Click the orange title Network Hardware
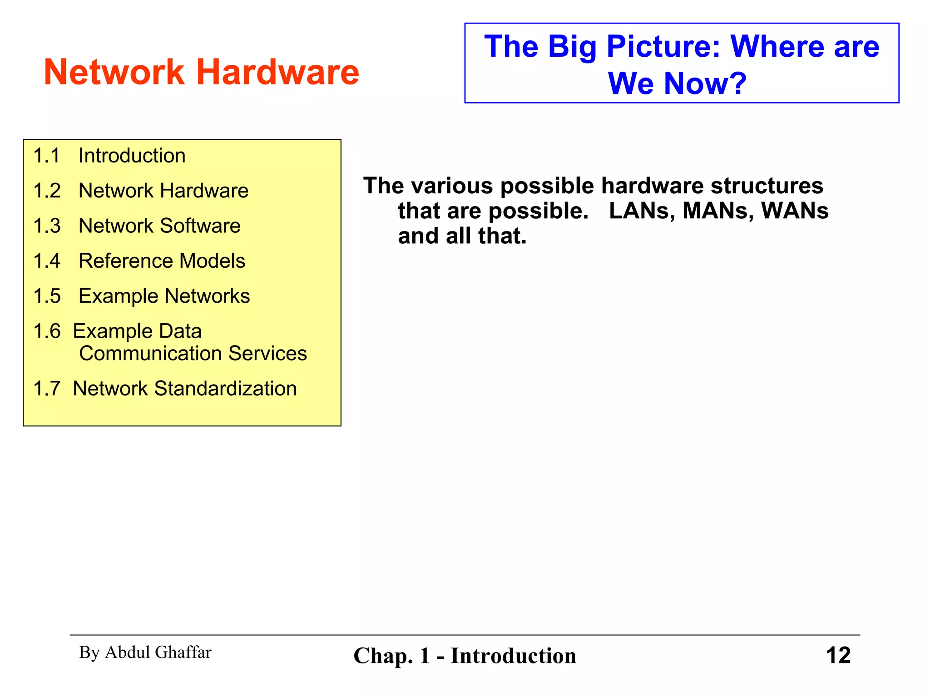201,73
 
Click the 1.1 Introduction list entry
109,156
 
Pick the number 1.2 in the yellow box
47,191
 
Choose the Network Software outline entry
159,226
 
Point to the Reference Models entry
162,261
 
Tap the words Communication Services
193,353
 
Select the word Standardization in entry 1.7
225,388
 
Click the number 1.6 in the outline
47,331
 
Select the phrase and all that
462,236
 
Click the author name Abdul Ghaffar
158,653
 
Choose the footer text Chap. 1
391,656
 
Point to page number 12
838,656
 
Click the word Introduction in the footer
513,656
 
